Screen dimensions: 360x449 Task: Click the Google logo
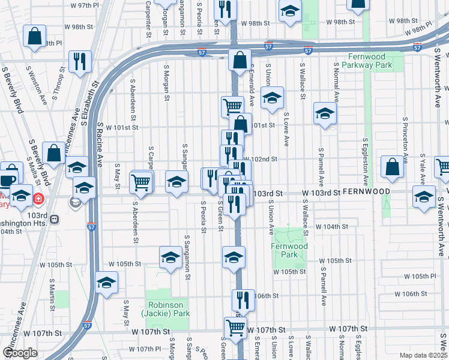20,353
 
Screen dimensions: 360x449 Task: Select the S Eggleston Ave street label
364,163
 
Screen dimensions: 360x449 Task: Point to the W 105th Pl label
420,277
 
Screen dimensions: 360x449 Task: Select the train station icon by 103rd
55,220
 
